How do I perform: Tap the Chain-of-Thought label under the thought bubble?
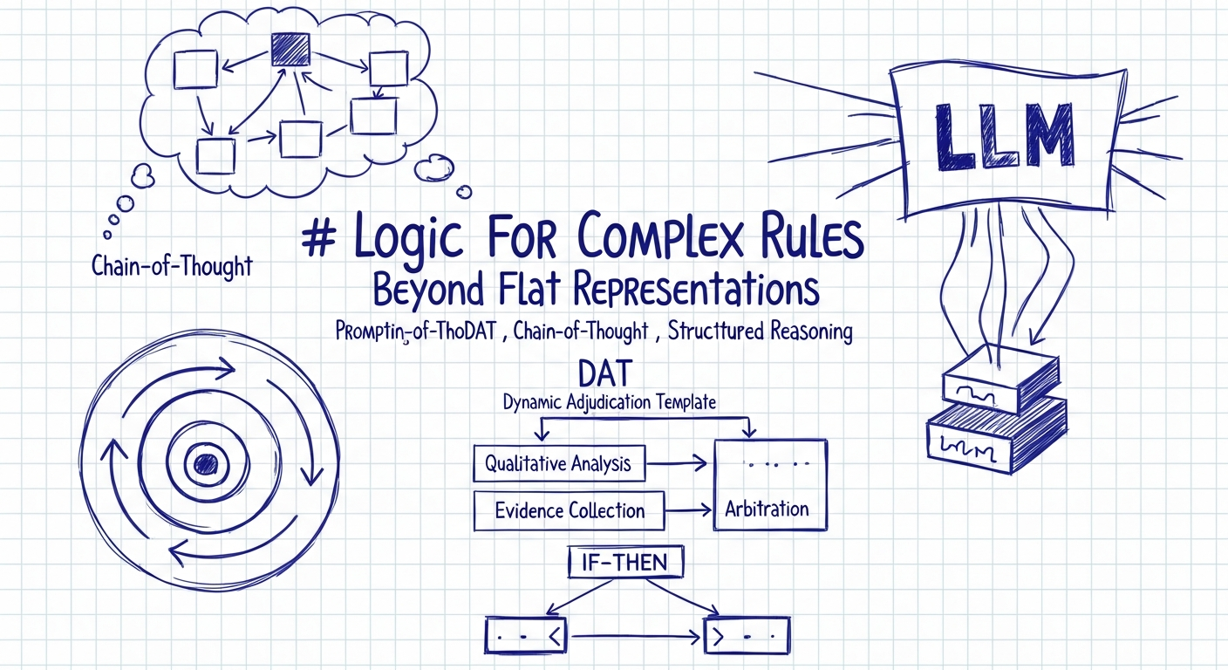click(172, 265)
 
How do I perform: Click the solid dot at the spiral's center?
click(206, 462)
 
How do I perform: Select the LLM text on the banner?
click(1002, 138)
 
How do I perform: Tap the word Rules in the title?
click(808, 238)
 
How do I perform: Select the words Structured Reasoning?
click(761, 332)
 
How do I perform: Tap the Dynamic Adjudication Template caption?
click(610, 403)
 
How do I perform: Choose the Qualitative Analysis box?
click(558, 463)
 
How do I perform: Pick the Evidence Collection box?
click(569, 510)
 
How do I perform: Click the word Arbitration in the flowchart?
click(767, 509)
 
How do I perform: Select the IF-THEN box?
click(623, 564)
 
